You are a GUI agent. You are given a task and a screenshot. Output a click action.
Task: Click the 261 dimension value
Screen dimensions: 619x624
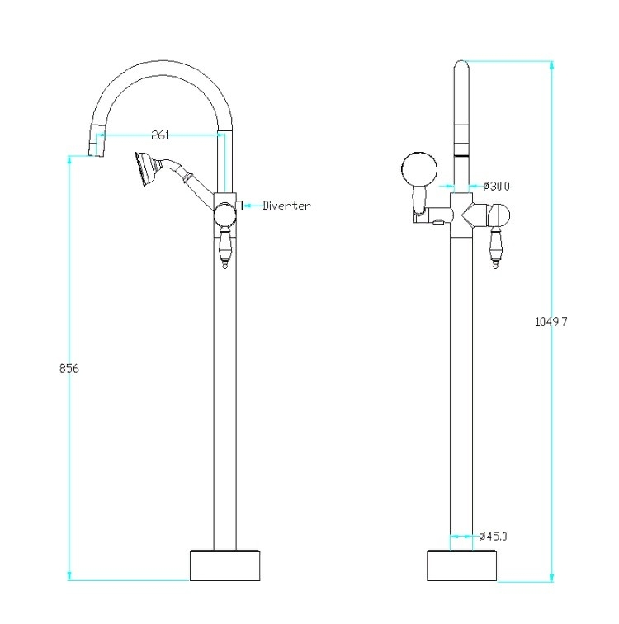(160, 135)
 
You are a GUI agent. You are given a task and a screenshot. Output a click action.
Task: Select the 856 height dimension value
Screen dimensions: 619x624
(69, 368)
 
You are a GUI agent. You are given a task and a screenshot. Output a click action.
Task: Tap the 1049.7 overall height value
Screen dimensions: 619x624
(551, 322)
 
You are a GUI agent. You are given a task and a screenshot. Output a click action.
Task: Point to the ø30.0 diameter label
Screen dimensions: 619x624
(497, 186)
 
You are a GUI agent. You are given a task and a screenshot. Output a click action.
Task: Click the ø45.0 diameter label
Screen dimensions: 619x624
(494, 536)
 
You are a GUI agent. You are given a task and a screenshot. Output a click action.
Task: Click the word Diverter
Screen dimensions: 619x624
(287, 206)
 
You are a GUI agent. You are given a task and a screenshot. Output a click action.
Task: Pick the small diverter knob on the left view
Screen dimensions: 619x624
(239, 206)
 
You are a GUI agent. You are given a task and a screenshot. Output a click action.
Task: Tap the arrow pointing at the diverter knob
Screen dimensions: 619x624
(253, 206)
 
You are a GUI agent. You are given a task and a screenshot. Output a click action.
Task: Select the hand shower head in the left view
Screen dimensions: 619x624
(146, 169)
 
